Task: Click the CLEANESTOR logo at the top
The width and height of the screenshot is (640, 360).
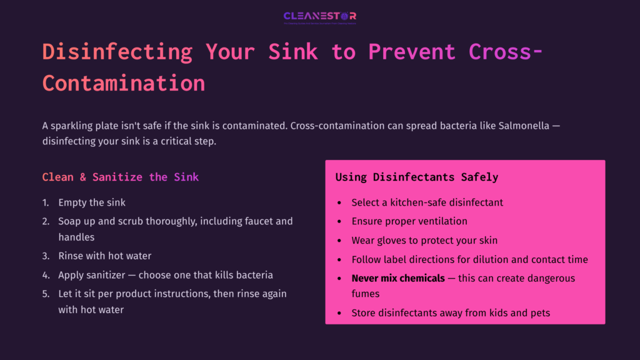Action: pyautogui.click(x=319, y=16)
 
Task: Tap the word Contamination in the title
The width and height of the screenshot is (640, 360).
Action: pyautogui.click(x=124, y=83)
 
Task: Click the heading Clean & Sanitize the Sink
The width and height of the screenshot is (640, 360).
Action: pyautogui.click(x=120, y=177)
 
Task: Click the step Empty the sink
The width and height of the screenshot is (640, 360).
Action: pyautogui.click(x=92, y=202)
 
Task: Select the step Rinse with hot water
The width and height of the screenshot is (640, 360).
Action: pyautogui.click(x=104, y=256)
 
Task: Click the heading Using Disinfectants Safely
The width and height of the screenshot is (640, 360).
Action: pyautogui.click(x=416, y=177)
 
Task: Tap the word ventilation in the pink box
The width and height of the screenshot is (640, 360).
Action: pyautogui.click(x=440, y=221)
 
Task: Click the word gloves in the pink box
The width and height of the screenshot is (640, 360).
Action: pyautogui.click(x=392, y=240)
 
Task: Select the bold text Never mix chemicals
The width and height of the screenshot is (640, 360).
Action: pyautogui.click(x=398, y=278)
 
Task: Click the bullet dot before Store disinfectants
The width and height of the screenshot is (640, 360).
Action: pyautogui.click(x=339, y=312)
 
